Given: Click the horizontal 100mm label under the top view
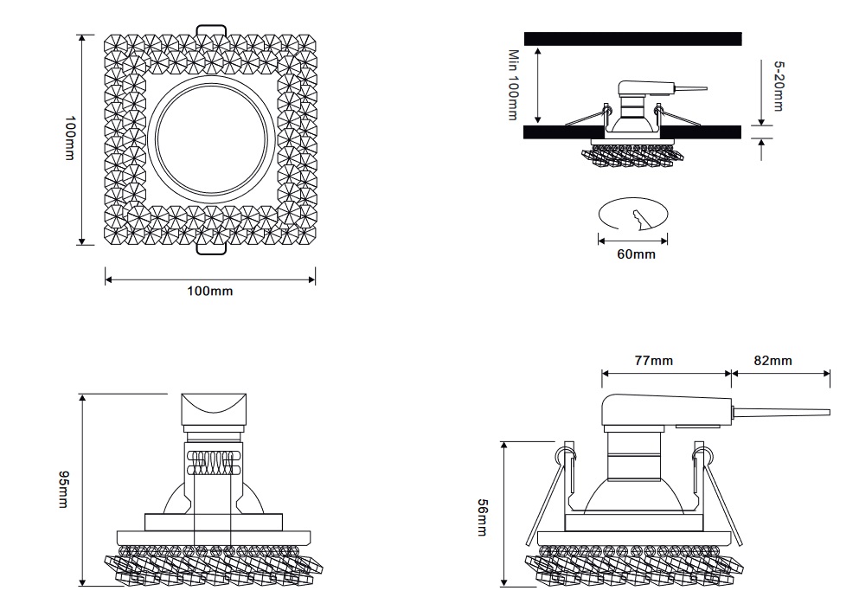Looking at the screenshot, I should click(210, 292).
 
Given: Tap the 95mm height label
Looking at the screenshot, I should click(62, 490).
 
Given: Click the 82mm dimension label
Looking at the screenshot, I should click(772, 360).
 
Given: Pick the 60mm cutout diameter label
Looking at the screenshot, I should click(636, 254).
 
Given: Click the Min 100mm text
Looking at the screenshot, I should click(512, 85).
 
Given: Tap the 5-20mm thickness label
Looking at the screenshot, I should click(778, 85).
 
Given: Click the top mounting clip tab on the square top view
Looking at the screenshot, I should click(211, 31).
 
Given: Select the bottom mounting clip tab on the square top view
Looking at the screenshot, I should click(211, 249).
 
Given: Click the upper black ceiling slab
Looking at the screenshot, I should click(632, 39).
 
